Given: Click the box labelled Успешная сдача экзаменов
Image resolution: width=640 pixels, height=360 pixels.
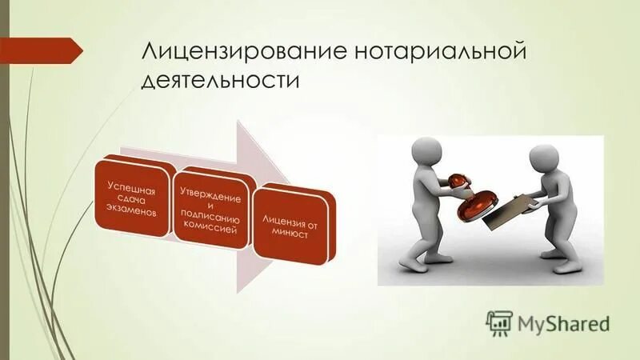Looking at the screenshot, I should (x=133, y=198).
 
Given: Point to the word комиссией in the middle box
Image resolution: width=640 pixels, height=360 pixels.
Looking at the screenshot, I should (x=212, y=230).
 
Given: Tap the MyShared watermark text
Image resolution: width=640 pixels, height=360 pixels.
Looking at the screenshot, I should (x=564, y=324).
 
